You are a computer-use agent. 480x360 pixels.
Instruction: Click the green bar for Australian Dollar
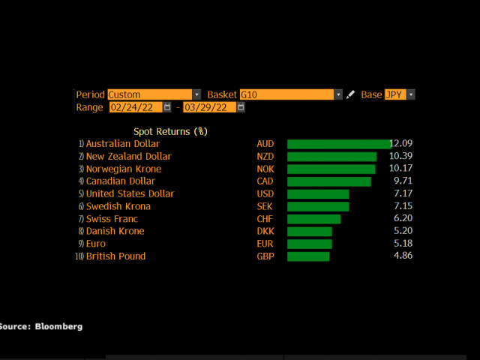point(339,144)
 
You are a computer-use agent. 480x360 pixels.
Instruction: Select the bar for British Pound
point(308,256)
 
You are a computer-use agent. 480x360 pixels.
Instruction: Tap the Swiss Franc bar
point(313,219)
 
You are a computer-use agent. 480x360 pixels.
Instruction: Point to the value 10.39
point(401,156)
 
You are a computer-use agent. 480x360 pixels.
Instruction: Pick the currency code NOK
point(265,169)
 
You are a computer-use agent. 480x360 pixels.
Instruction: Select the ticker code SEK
point(265,206)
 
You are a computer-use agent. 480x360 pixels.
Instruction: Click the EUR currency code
point(265,244)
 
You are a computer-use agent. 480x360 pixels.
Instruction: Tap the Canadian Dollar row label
point(120,181)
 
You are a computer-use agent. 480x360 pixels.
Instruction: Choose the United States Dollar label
point(130,193)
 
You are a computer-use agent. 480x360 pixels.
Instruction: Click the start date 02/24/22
point(135,107)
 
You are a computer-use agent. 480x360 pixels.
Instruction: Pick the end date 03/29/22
point(208,107)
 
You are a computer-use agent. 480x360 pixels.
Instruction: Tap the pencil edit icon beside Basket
point(350,95)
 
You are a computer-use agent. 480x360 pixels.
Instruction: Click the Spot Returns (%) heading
point(170,130)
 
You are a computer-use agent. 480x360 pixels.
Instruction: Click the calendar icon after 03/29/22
point(241,107)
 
